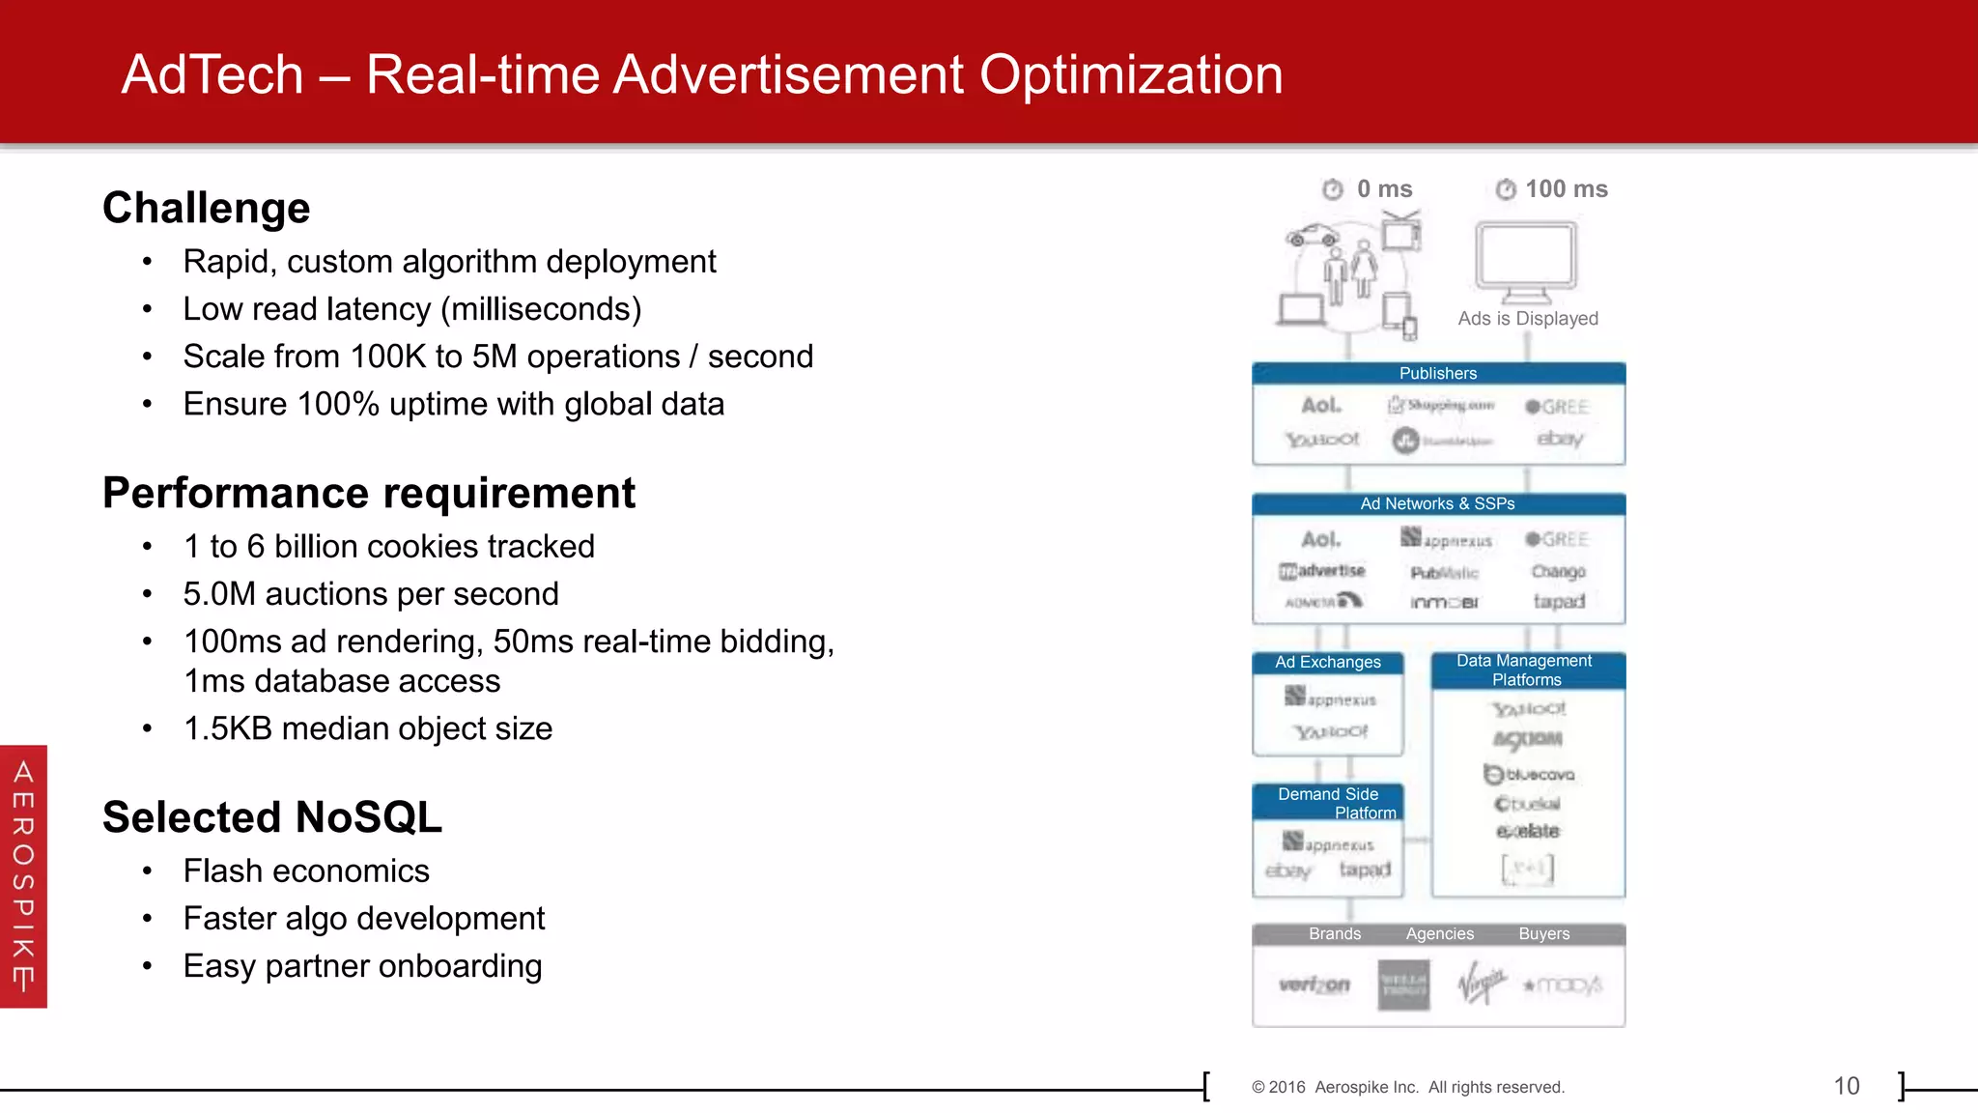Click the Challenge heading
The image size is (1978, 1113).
coord(207,208)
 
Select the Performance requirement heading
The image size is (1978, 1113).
coord(369,493)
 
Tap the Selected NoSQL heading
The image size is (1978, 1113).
coord(272,817)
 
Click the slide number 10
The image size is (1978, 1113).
coord(1846,1086)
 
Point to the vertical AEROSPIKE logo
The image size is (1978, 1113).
coord(23,876)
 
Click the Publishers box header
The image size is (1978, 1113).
coord(1438,374)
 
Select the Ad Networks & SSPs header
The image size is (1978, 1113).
coord(1438,504)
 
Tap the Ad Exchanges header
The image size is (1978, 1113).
coord(1328,663)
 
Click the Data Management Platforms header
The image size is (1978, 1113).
coord(1527,671)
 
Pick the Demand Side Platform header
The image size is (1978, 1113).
coord(1329,803)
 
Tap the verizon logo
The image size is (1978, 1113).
coord(1314,985)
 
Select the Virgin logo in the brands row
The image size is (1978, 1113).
coord(1481,984)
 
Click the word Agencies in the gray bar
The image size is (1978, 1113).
coord(1439,934)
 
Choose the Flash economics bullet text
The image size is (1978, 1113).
coord(306,871)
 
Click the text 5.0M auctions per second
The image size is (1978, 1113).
coord(371,594)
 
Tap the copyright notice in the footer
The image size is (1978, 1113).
coord(1407,1088)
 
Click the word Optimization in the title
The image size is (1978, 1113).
coord(1131,75)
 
